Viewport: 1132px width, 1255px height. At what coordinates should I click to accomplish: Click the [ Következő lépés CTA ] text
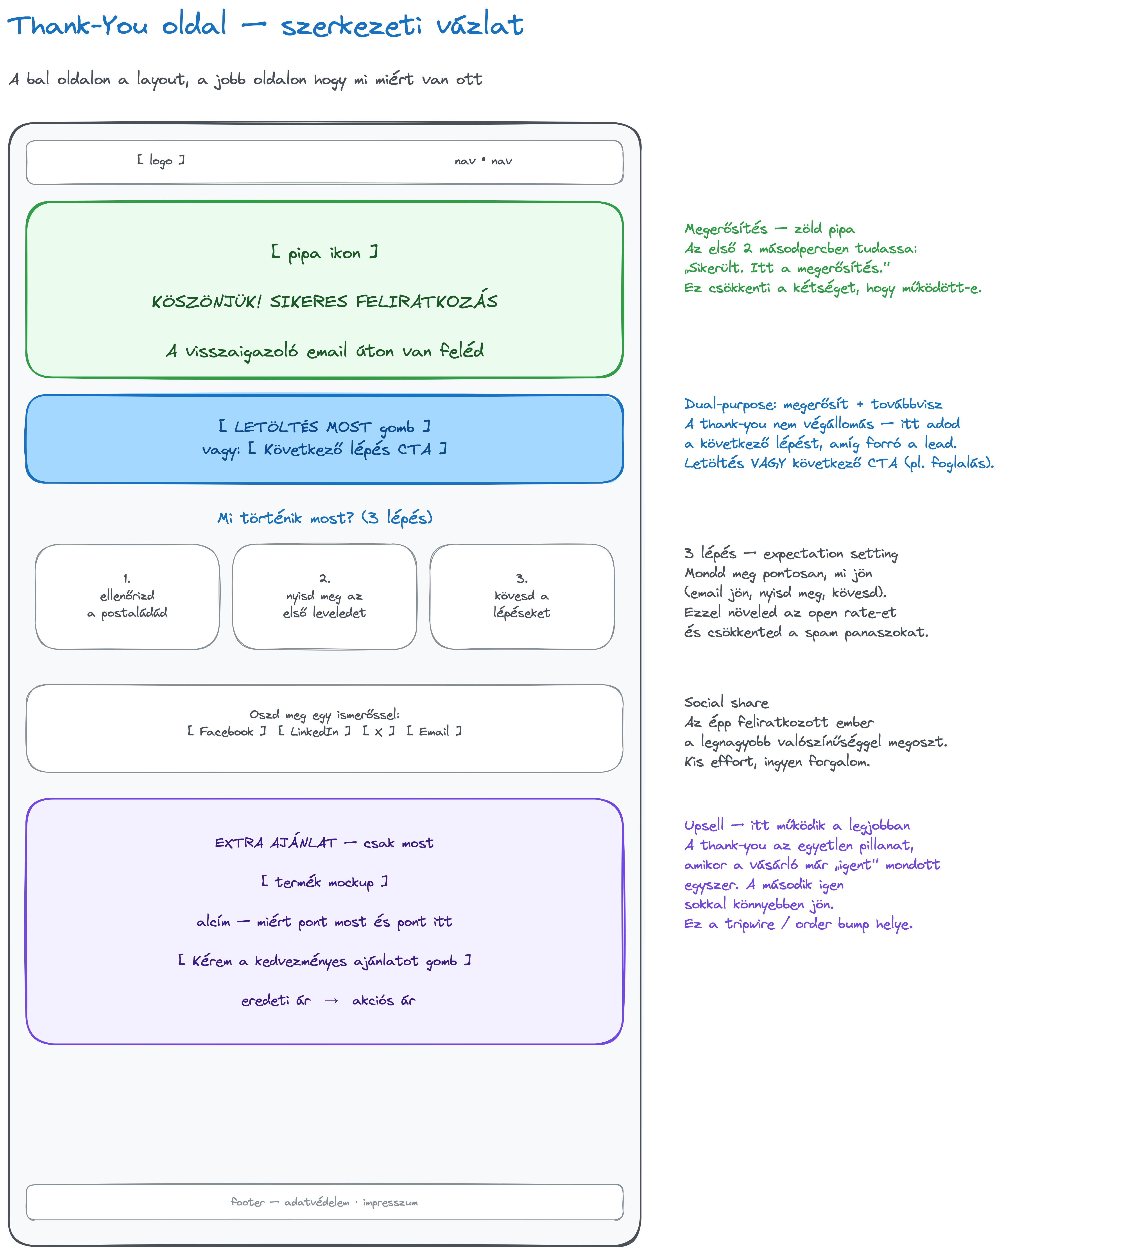pyautogui.click(x=347, y=449)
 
